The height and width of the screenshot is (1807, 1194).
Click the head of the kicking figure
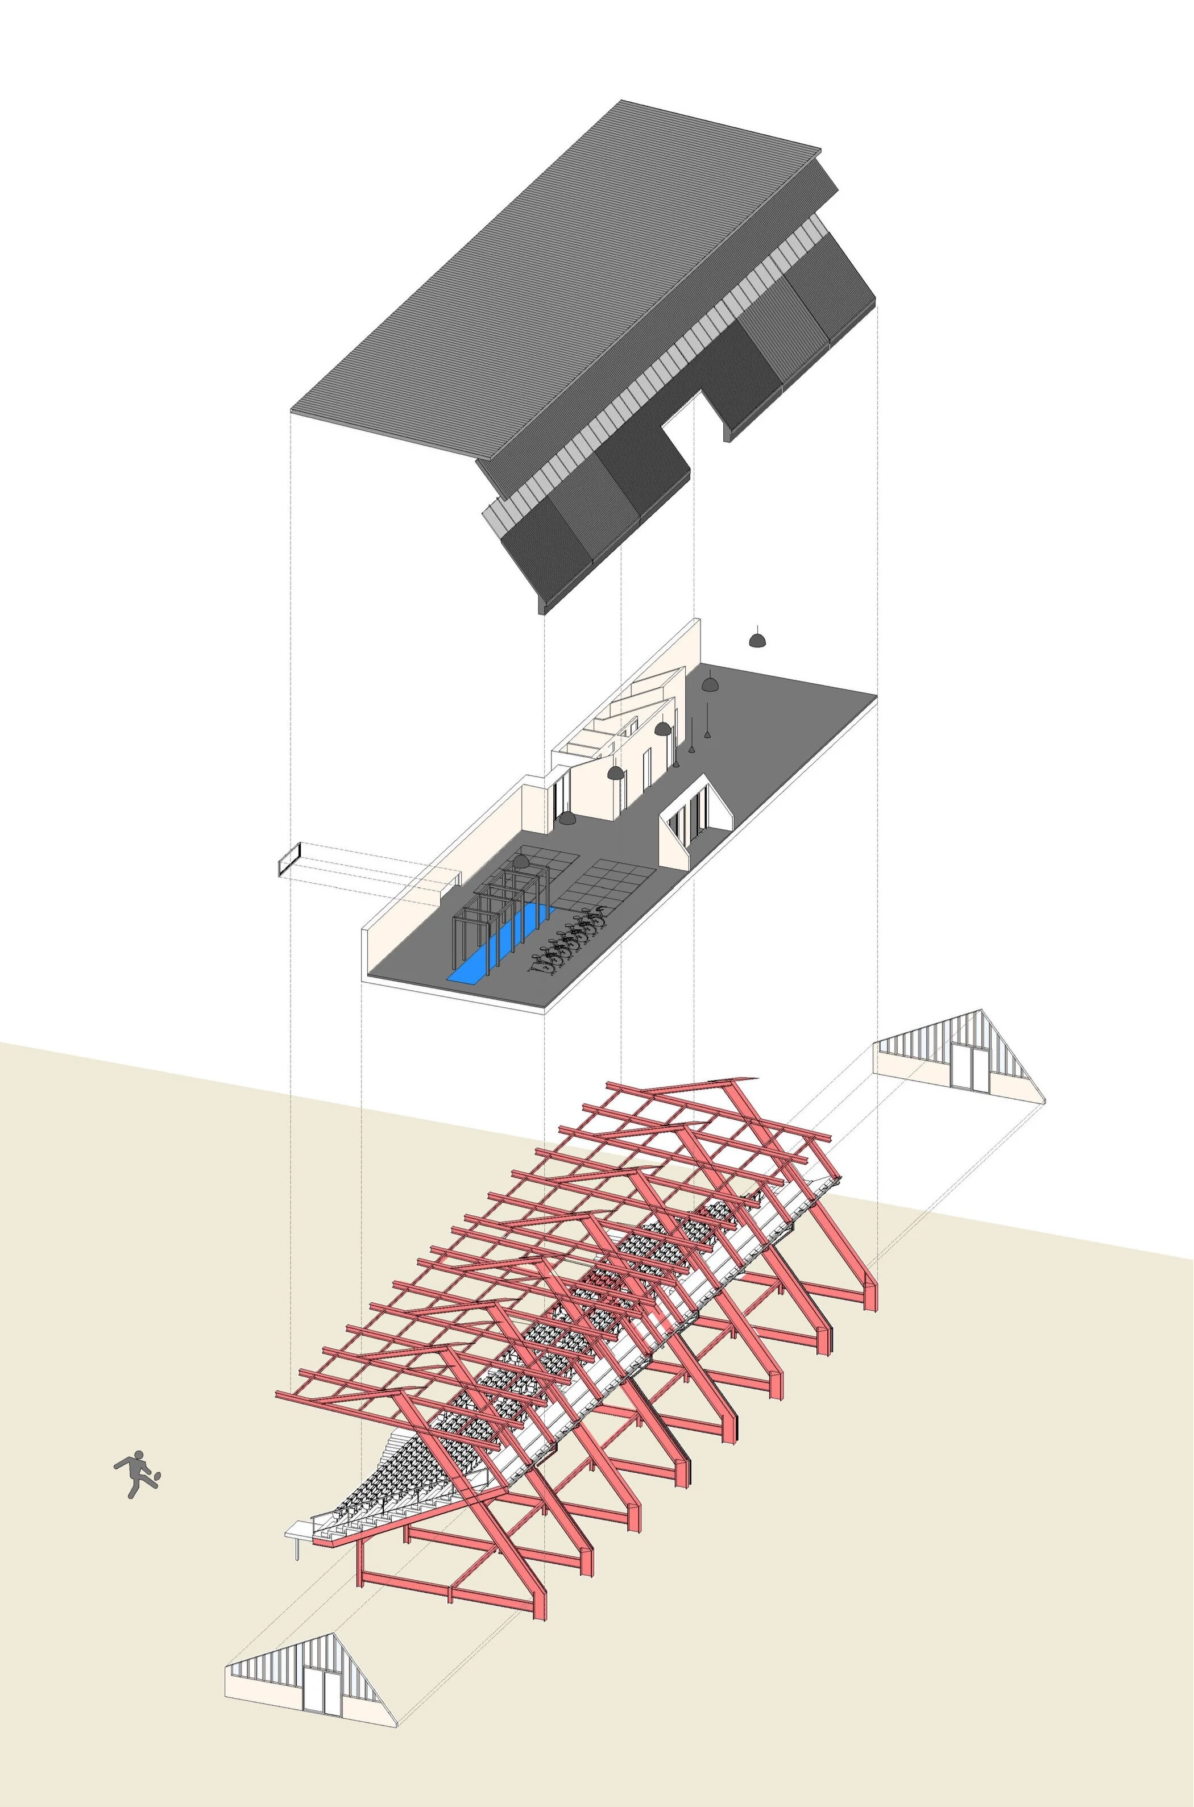(138, 1457)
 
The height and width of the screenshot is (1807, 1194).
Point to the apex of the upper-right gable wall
(981, 1010)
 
